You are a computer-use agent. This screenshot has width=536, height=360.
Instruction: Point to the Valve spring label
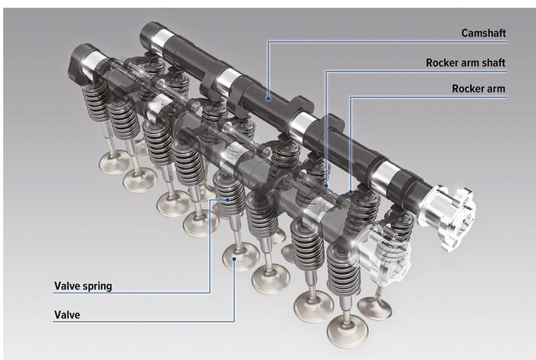point(83,286)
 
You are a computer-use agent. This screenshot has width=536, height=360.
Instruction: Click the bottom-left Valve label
point(68,314)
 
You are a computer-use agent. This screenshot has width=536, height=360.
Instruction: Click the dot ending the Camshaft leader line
point(267,98)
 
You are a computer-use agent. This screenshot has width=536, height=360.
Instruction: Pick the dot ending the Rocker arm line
point(351,192)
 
